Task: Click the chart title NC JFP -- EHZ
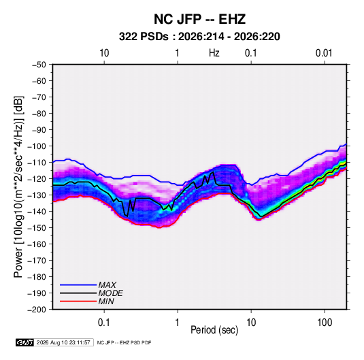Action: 199,19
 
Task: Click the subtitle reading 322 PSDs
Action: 144,37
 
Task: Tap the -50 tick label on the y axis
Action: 39,65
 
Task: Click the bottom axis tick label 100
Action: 325,323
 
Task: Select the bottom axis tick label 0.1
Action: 104,323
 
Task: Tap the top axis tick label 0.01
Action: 324,53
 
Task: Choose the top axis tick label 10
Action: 104,53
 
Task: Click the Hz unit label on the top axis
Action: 214,53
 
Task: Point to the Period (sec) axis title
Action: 214,330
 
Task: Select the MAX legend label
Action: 107,285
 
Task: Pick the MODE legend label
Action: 110,293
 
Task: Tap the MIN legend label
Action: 106,301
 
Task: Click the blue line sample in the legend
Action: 78,285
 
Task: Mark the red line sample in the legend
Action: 78,301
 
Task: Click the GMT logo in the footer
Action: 25,342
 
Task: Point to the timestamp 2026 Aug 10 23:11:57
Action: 63,342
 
